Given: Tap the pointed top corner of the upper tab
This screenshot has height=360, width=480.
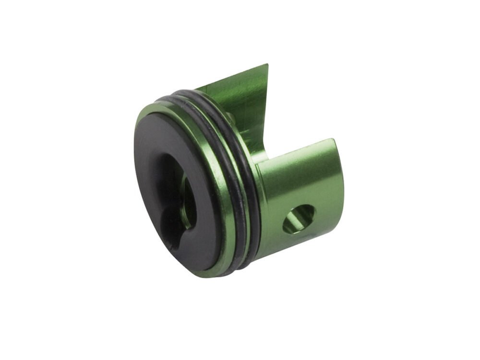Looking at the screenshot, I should [267, 65].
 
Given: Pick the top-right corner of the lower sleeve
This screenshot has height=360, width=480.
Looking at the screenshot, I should [334, 140].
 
